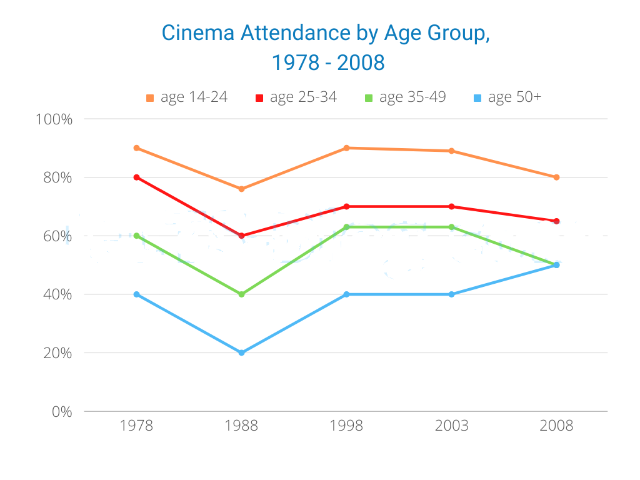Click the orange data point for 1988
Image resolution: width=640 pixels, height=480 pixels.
pyautogui.click(x=242, y=189)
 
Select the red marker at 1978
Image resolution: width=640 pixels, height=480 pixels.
pyautogui.click(x=137, y=177)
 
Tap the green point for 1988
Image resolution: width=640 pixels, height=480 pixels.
pyautogui.click(x=242, y=294)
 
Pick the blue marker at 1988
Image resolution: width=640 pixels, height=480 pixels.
pyautogui.click(x=242, y=352)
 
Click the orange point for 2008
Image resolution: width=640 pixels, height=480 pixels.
pyautogui.click(x=556, y=177)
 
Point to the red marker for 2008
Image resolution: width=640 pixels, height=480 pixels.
pyautogui.click(x=556, y=221)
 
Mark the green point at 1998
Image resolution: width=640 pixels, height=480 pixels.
pyautogui.click(x=346, y=227)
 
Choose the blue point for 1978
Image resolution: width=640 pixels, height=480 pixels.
pyautogui.click(x=137, y=294)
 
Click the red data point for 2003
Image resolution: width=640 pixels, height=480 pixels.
pyautogui.click(x=451, y=206)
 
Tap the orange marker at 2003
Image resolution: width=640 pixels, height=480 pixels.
pyautogui.click(x=451, y=151)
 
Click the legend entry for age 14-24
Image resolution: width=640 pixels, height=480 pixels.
pyautogui.click(x=186, y=97)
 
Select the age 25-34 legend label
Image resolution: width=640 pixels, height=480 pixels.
pyautogui.click(x=303, y=97)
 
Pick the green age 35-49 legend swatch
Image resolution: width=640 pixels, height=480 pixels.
pyautogui.click(x=369, y=98)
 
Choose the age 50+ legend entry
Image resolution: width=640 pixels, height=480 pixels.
pyautogui.click(x=507, y=97)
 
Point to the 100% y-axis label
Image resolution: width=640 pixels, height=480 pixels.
pyautogui.click(x=54, y=119)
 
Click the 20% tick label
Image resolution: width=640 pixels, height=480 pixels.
pyautogui.click(x=57, y=353)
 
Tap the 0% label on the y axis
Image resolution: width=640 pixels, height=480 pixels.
pyautogui.click(x=62, y=412)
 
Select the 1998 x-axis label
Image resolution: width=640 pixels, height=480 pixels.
pyautogui.click(x=346, y=426)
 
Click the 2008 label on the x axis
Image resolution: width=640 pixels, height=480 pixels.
pyautogui.click(x=556, y=426)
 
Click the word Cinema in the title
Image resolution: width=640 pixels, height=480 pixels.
pyautogui.click(x=198, y=32)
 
